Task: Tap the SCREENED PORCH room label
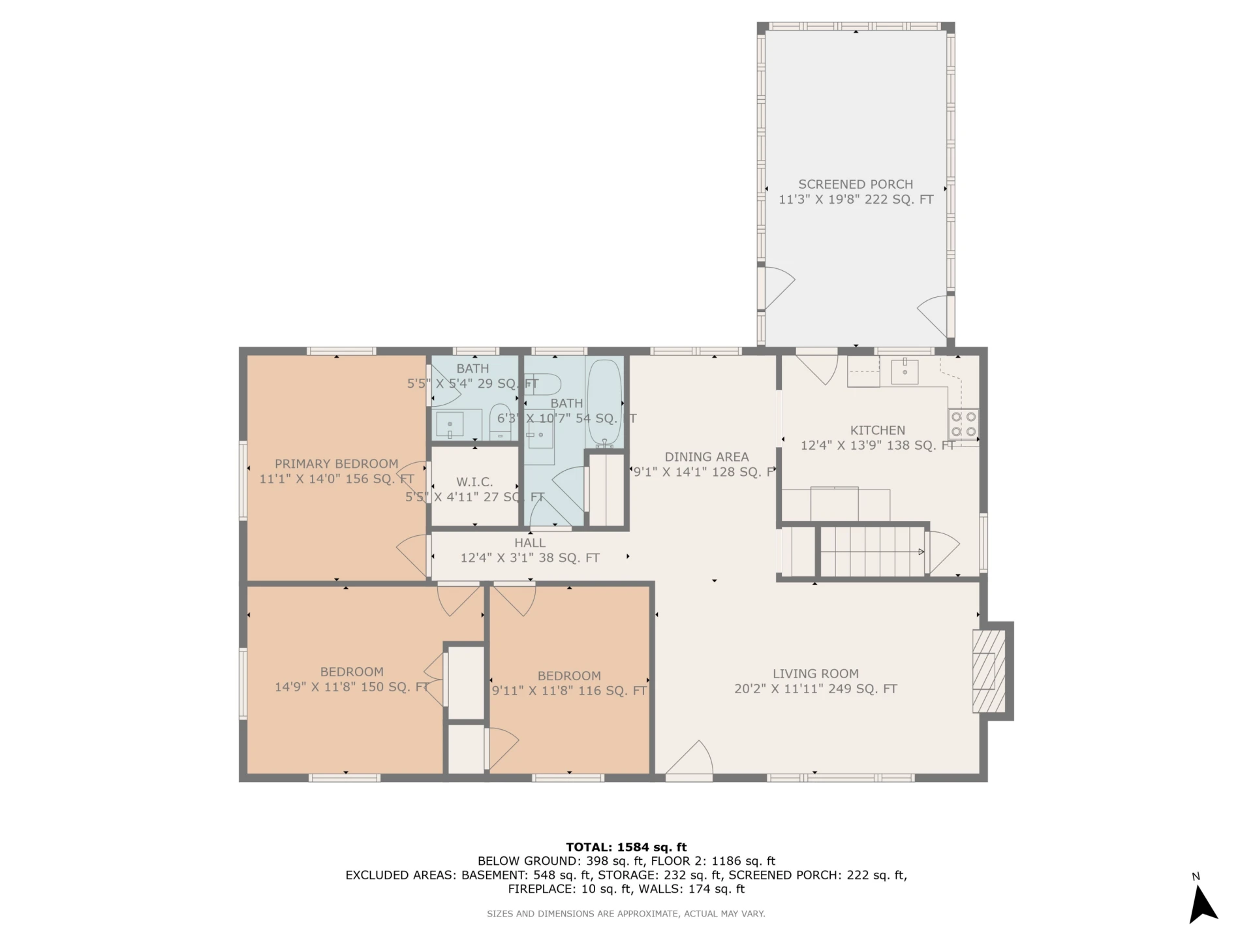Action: coord(856,185)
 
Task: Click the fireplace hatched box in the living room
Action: coord(989,671)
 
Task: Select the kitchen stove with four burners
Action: coord(964,423)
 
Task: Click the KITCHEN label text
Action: coord(878,430)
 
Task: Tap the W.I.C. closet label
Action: coord(474,482)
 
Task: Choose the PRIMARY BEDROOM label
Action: coord(336,463)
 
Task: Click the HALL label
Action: coord(530,542)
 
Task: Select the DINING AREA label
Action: coord(707,457)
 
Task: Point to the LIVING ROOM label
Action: coord(816,674)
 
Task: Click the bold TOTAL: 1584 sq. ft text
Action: coord(626,847)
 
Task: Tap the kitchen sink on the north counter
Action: coord(905,371)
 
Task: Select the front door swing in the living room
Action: coord(689,760)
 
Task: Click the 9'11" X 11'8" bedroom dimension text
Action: coord(569,691)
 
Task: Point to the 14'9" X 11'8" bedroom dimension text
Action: coord(351,687)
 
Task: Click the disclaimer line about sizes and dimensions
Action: coord(626,914)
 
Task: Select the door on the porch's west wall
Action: coord(777,287)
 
